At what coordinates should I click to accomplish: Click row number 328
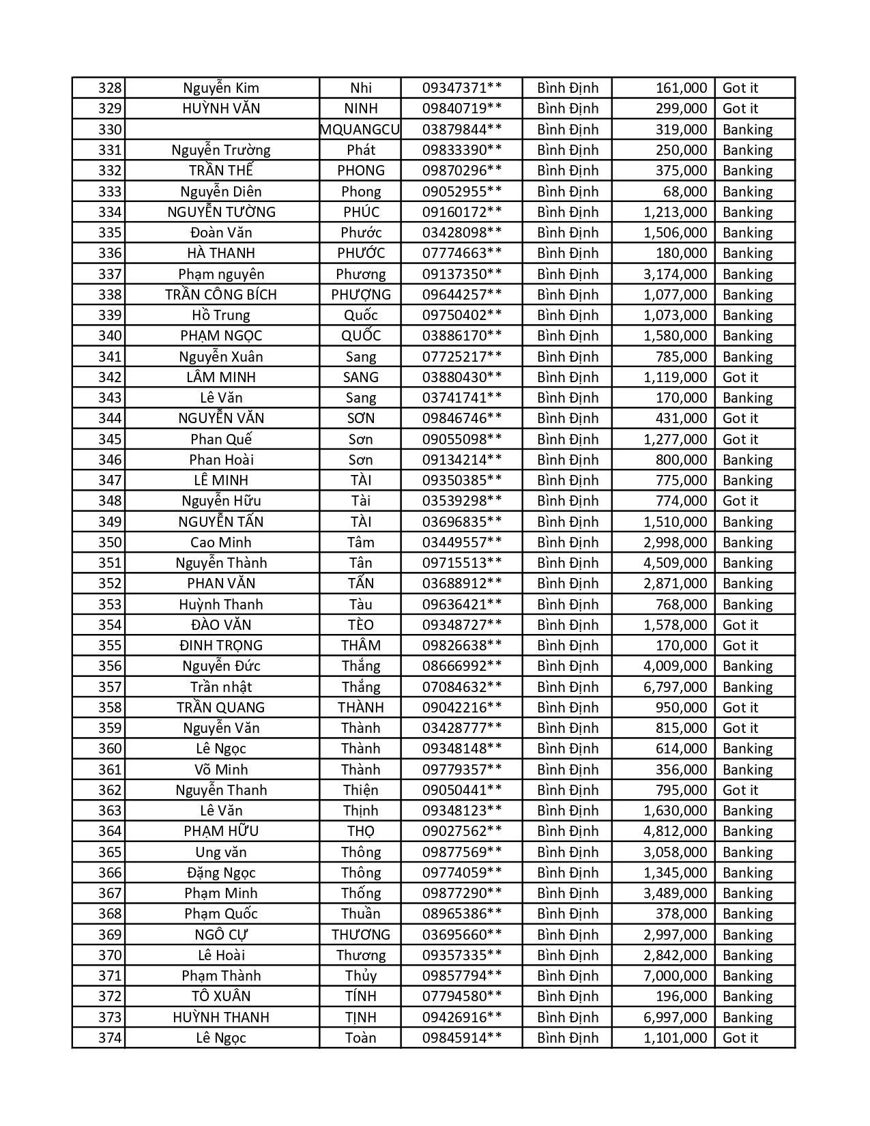pyautogui.click(x=110, y=88)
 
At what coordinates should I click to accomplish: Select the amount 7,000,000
pyautogui.click(x=675, y=976)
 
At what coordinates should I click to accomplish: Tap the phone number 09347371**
pyautogui.click(x=462, y=88)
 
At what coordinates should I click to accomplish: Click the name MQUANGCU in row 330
pyautogui.click(x=360, y=130)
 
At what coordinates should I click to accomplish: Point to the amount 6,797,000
pyautogui.click(x=675, y=687)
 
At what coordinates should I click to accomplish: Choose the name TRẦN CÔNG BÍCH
pyautogui.click(x=221, y=295)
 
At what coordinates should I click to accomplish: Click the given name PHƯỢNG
pyautogui.click(x=360, y=295)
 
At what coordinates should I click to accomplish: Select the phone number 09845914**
pyautogui.click(x=462, y=1038)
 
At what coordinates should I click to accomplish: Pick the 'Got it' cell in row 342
pyautogui.click(x=740, y=377)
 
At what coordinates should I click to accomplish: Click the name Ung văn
pyautogui.click(x=221, y=852)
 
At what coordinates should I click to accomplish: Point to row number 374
pyautogui.click(x=110, y=1038)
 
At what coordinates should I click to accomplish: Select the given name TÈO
pyautogui.click(x=360, y=625)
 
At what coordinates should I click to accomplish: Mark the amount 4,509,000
pyautogui.click(x=675, y=563)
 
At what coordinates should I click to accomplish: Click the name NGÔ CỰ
pyautogui.click(x=221, y=935)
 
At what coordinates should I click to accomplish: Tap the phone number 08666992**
pyautogui.click(x=462, y=666)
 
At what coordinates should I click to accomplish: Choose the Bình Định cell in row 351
pyautogui.click(x=567, y=563)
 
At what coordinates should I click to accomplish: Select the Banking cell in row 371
pyautogui.click(x=747, y=976)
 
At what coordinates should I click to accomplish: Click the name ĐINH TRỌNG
pyautogui.click(x=221, y=646)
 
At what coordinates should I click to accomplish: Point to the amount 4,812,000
pyautogui.click(x=675, y=831)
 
